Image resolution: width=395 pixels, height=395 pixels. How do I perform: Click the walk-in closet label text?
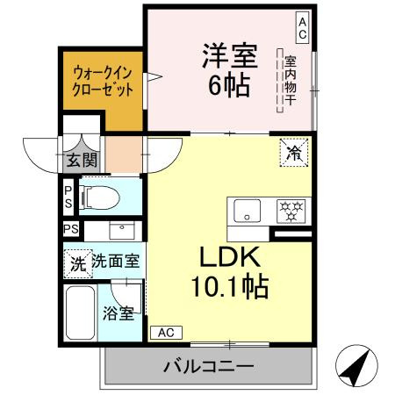(104, 82)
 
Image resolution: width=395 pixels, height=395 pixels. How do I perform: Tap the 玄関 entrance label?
(82, 161)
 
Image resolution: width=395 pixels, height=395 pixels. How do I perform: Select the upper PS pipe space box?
(68, 197)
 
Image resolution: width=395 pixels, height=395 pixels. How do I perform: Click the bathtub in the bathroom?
(81, 312)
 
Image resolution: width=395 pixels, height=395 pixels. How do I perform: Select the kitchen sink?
(247, 211)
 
